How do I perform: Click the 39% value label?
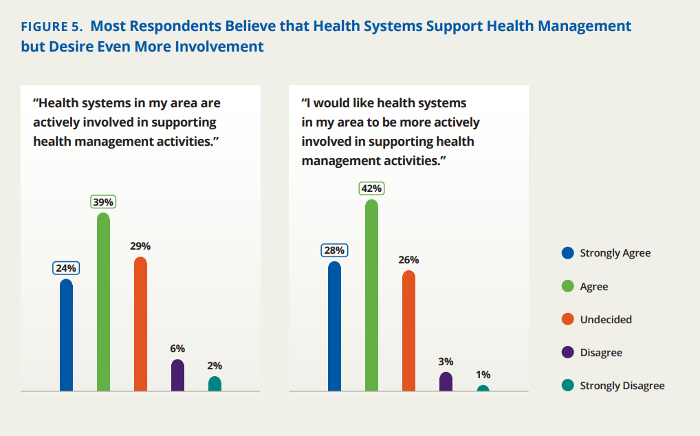[103, 202]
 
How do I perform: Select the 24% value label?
[66, 268]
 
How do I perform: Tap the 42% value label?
[371, 188]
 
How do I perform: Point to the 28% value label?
[334, 250]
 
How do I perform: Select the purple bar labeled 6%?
[177, 375]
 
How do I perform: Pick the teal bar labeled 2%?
[215, 384]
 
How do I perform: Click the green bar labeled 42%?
[371, 296]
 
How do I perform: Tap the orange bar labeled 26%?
[408, 331]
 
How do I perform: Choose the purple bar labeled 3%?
[446, 382]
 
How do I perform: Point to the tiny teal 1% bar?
[483, 389]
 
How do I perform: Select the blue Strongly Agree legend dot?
[568, 253]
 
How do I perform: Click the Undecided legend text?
[606, 320]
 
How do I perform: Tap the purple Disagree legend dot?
[568, 353]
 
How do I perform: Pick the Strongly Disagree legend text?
[622, 386]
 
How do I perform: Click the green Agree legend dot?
[568, 286]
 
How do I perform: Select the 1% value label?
[483, 375]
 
